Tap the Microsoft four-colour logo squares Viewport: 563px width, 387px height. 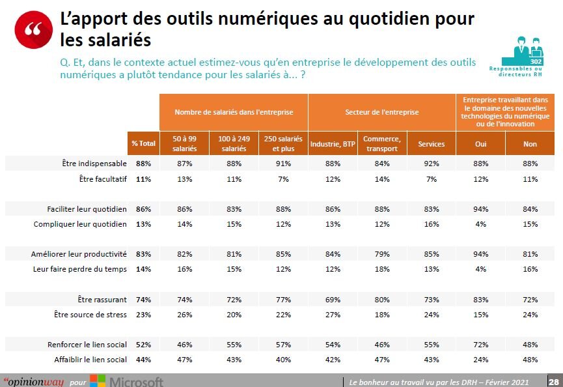98,381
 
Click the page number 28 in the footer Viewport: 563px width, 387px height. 553,381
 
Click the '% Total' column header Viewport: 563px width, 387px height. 143,144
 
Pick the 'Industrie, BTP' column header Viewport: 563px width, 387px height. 333,144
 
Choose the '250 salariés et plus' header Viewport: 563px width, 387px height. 283,144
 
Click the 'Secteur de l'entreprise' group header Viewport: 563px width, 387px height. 381,112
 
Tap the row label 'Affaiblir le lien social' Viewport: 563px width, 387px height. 87,360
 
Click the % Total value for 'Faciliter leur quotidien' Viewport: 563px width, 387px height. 143,209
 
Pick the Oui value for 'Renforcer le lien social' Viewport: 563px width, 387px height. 481,345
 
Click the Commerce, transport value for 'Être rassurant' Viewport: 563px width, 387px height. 381,300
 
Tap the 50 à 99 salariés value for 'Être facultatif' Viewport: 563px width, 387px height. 185,179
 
